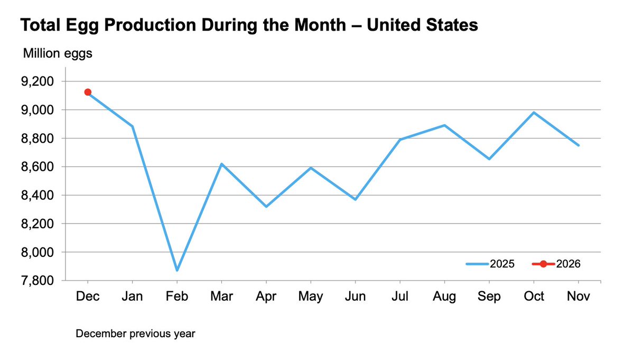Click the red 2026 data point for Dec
point(88,92)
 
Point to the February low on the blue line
point(177,270)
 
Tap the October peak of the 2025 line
point(534,113)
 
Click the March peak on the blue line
point(221,164)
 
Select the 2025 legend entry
point(490,264)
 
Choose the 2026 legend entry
point(556,264)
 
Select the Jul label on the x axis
point(400,297)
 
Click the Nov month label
point(579,297)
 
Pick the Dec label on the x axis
point(87,297)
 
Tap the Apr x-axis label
point(266,297)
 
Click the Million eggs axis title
point(57,53)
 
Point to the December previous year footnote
point(135,334)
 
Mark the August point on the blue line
point(445,125)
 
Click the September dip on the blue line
point(489,159)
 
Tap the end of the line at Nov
point(579,145)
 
